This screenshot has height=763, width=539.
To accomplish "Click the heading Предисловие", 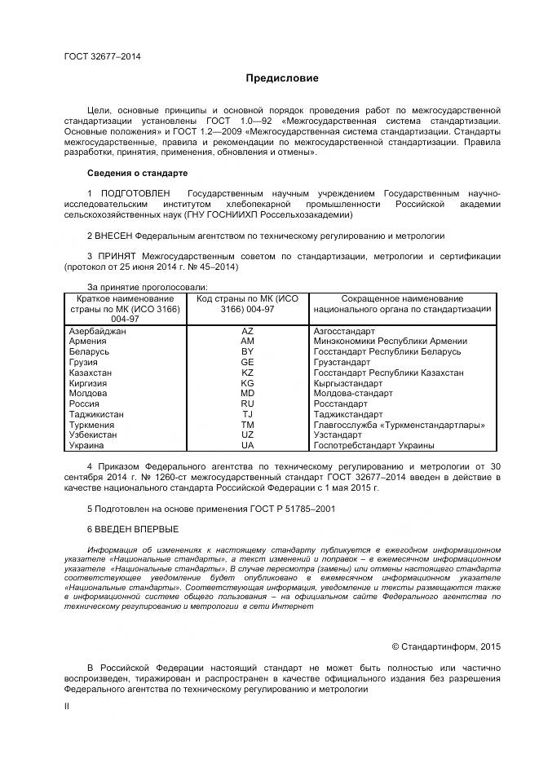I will (282, 78).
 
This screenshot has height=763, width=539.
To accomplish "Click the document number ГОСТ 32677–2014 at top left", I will (102, 56).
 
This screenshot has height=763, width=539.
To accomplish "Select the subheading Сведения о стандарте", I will (137, 173).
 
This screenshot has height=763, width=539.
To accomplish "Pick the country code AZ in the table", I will (247, 332).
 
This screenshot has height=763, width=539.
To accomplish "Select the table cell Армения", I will (89, 342).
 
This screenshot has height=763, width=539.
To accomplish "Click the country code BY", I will (247, 351).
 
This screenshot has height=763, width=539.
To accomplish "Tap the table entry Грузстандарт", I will (342, 362).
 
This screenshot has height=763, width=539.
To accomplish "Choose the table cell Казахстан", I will (92, 373).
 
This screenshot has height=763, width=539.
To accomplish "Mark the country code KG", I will (247, 383).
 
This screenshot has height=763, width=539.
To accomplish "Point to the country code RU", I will (247, 404).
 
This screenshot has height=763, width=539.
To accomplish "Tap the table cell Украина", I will (87, 446).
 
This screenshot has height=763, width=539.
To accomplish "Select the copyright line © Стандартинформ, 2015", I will (445, 646).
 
